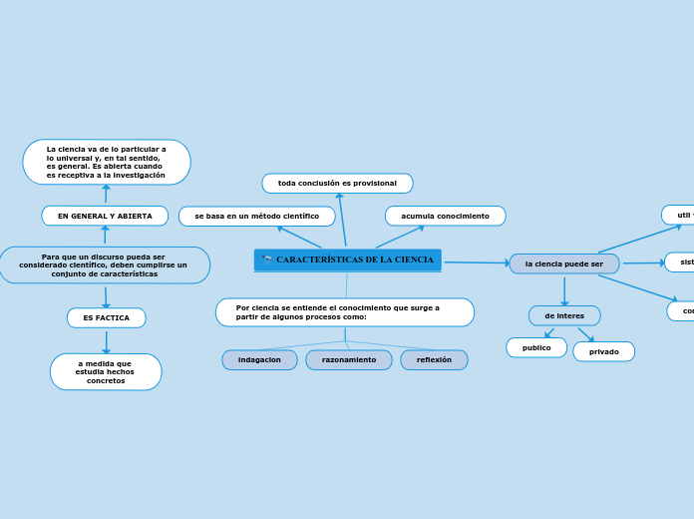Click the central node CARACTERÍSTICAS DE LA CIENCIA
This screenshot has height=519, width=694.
[x=354, y=259]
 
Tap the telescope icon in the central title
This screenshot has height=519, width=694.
[x=267, y=259]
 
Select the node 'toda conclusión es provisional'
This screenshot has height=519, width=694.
[x=337, y=184]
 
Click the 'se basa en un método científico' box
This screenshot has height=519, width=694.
[x=256, y=217]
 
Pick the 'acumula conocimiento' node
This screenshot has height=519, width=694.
[x=445, y=217]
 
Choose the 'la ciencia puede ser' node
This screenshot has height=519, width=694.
[x=563, y=263]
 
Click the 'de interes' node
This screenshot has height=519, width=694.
[x=564, y=315]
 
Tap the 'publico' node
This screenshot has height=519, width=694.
[x=536, y=348]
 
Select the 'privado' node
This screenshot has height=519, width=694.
[x=603, y=351]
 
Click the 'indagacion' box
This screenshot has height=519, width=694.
[x=259, y=359]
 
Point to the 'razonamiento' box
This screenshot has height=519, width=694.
[x=349, y=359]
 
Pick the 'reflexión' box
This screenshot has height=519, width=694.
[x=434, y=359]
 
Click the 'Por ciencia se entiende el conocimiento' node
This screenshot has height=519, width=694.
[x=344, y=312]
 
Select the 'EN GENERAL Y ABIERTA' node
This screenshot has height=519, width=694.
[x=105, y=216]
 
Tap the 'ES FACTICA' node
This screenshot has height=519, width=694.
[x=106, y=317]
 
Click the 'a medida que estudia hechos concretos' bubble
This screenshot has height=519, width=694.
[x=106, y=372]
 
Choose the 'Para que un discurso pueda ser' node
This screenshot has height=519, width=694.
[x=104, y=265]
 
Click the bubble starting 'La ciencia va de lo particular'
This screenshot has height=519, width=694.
[x=107, y=162]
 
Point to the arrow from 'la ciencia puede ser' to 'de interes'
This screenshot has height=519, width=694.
[x=564, y=290]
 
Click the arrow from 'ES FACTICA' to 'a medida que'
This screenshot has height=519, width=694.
[x=106, y=340]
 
